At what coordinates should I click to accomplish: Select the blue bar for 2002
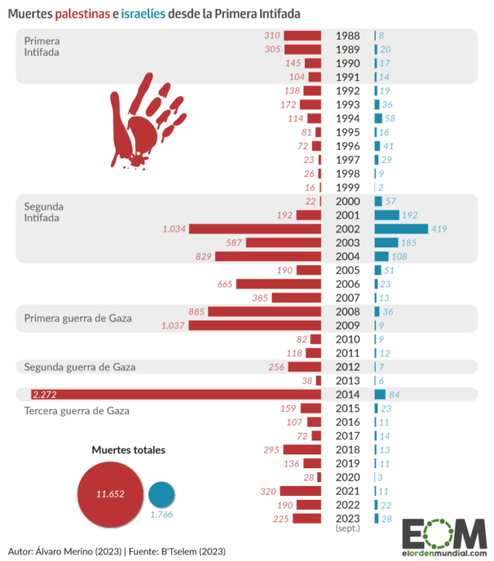pos(401,229)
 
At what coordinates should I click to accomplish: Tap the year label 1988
pos(347,36)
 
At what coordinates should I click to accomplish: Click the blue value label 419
pos(440,229)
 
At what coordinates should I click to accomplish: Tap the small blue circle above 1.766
pos(161,494)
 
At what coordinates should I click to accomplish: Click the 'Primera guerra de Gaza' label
pos(78,318)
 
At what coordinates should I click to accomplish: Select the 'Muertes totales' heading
pos(128,450)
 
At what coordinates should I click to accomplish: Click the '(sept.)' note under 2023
pos(347,529)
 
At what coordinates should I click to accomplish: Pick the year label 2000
pos(347,202)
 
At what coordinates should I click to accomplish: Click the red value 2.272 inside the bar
pos(46,394)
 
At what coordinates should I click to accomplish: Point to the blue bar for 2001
pos(387,215)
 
